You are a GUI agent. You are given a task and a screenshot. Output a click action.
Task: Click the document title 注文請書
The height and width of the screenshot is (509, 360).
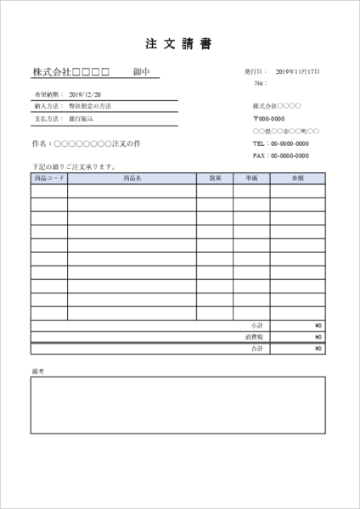[x=180, y=43]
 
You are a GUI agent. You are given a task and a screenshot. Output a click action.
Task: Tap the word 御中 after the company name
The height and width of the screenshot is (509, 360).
[x=141, y=73]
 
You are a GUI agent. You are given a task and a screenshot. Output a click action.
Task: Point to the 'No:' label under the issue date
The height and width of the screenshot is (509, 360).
[x=260, y=84]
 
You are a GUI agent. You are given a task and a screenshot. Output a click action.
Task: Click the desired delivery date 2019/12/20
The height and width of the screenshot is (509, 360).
[x=85, y=94]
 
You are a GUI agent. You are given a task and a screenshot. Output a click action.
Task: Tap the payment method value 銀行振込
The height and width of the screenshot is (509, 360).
[x=82, y=119]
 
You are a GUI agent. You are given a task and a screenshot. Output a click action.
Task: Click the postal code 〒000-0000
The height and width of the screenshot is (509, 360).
[x=269, y=119]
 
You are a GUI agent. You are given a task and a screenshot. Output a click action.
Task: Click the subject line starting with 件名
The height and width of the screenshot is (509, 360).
[x=85, y=143]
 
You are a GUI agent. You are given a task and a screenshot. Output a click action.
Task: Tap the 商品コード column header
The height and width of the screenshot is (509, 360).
[x=49, y=178]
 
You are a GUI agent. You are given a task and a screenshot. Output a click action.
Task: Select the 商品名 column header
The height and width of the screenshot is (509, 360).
[x=132, y=178]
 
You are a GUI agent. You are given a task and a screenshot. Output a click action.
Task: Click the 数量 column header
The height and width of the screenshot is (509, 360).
[x=214, y=178]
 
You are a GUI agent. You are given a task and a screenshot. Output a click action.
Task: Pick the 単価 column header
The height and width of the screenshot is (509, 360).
[x=251, y=178]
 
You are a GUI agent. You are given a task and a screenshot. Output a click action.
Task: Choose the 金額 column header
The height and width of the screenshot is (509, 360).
[x=297, y=178]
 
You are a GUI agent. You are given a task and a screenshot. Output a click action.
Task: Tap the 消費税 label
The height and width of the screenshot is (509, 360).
[x=255, y=336]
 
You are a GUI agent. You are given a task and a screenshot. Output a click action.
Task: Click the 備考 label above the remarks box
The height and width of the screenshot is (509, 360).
[x=37, y=372]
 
